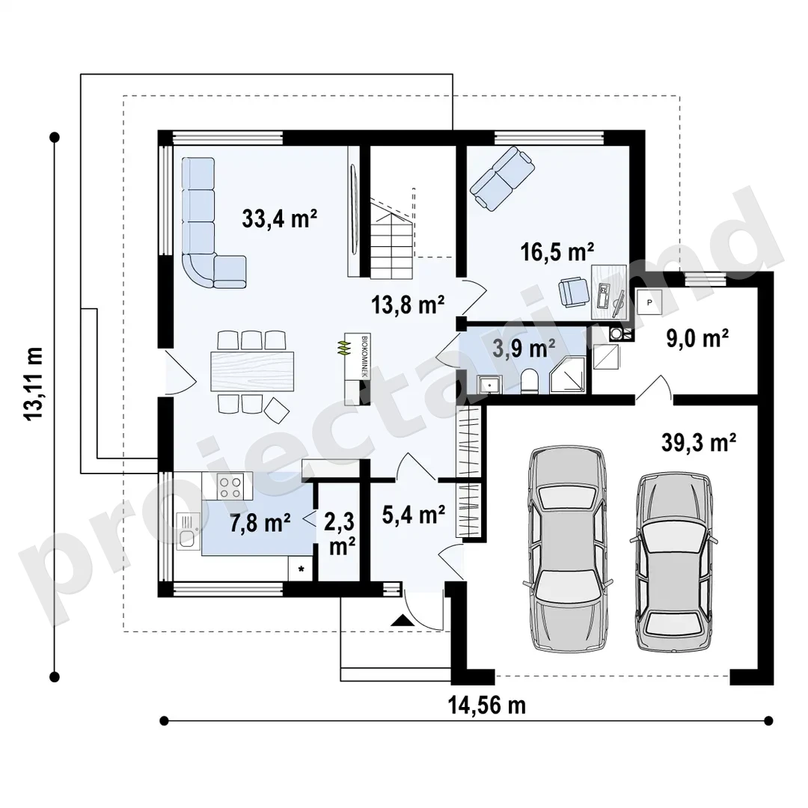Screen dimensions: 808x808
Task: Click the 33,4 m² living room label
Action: coord(279,218)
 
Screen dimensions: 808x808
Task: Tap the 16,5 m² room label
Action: coord(557,252)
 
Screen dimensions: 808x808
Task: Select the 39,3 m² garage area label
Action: coord(699,442)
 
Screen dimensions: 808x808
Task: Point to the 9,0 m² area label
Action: coord(697,339)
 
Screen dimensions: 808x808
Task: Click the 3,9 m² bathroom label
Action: coord(524,349)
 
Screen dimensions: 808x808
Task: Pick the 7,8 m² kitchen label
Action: coord(260,523)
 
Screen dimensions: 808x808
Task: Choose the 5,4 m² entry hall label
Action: coord(414,514)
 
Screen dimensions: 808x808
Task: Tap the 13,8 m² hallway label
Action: coord(408,304)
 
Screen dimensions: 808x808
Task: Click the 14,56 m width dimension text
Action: coord(487,705)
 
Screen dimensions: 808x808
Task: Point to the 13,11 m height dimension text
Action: coord(34,384)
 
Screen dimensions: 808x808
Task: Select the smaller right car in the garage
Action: coord(674,563)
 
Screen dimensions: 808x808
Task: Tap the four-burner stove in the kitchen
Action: coord(230,486)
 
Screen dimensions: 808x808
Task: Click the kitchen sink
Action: coord(187,530)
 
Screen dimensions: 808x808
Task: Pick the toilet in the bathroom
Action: coord(529,382)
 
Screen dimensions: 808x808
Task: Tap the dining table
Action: coord(252,371)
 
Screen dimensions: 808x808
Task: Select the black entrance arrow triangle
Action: coord(403,620)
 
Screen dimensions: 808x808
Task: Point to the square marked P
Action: coord(649,302)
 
